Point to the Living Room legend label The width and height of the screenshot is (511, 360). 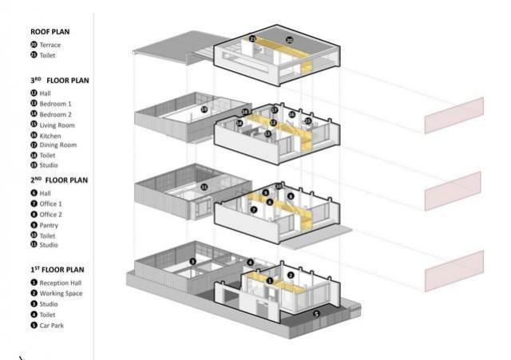pyautogui.click(x=57, y=125)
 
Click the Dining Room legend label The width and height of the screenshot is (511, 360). pyautogui.click(x=57, y=145)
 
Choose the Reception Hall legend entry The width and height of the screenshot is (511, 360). pyautogui.click(x=61, y=283)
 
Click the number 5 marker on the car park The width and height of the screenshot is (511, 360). pyautogui.click(x=315, y=315)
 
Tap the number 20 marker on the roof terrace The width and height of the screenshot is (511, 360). pyautogui.click(x=290, y=39)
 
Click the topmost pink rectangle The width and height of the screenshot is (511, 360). pyautogui.click(x=454, y=116)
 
